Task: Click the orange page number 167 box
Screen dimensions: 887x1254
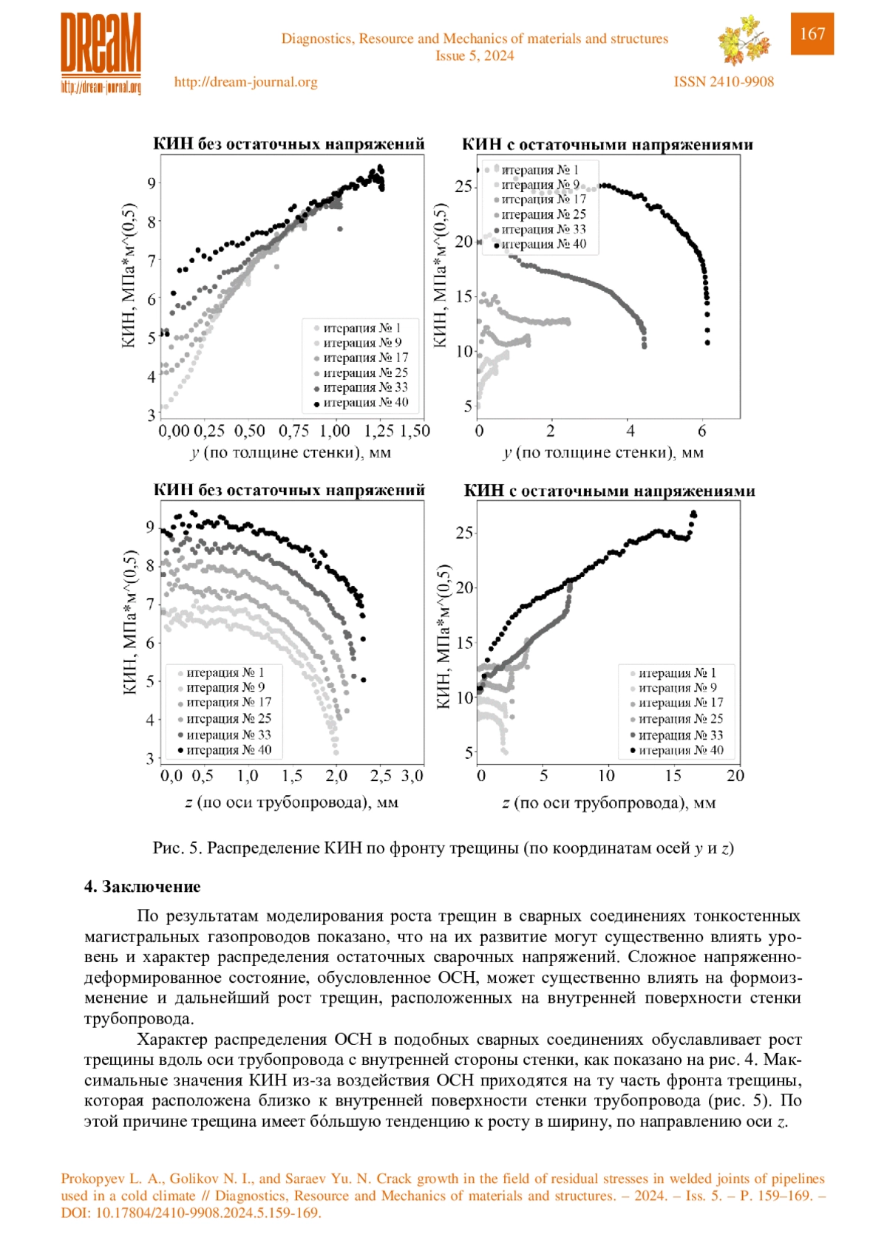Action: coord(812,33)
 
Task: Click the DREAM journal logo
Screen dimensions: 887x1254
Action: coord(101,54)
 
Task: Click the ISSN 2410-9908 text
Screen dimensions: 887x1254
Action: coord(724,82)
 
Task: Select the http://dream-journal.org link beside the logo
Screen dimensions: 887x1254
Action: coord(246,82)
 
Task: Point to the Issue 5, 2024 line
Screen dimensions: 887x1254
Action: coord(475,55)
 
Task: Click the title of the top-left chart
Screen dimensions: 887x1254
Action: coord(289,144)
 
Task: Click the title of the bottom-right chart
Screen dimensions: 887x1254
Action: coord(609,491)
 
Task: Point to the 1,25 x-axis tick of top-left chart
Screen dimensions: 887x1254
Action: coord(378,431)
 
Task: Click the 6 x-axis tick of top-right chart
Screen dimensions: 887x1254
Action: coord(702,431)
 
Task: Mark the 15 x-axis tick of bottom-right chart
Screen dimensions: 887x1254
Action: coord(673,775)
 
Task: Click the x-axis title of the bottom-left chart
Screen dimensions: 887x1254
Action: coord(291,803)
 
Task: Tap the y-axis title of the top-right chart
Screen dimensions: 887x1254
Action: coord(441,275)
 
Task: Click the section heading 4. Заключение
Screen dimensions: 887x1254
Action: coord(142,886)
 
